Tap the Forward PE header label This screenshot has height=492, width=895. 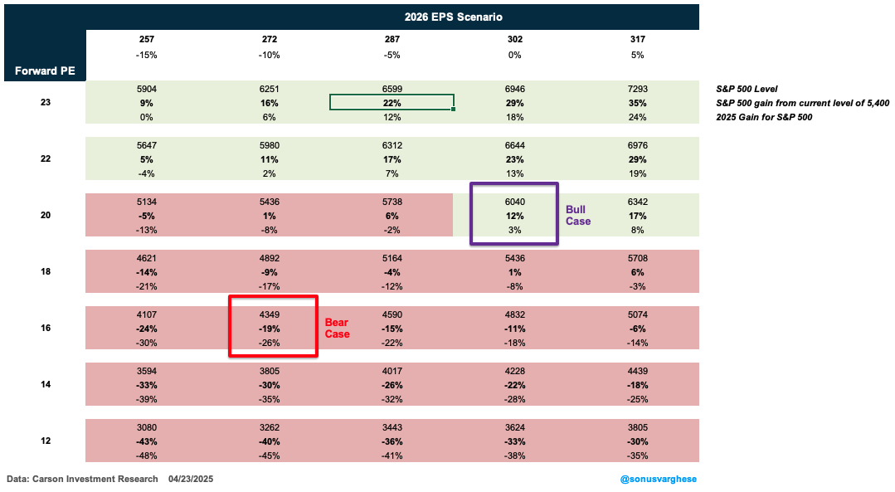tap(44, 71)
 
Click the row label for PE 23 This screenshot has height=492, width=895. tap(44, 103)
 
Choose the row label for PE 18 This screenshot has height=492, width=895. tap(44, 271)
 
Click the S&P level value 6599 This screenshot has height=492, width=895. tap(392, 88)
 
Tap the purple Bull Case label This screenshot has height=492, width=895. tap(578, 216)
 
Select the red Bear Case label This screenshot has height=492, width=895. tap(337, 328)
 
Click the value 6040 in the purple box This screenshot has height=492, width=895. tap(514, 201)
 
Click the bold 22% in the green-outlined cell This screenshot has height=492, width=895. tap(392, 103)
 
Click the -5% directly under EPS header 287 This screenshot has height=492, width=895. tap(392, 55)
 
